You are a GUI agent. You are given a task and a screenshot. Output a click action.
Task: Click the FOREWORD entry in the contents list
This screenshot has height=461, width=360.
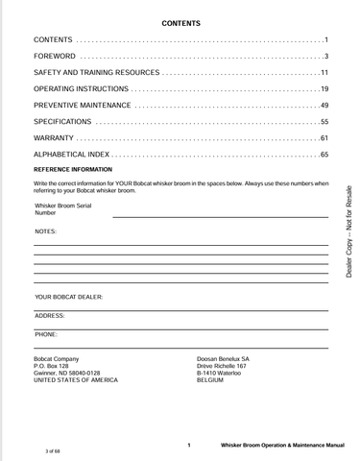[55, 57]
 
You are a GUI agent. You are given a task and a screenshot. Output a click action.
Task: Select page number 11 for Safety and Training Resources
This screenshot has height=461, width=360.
[324, 73]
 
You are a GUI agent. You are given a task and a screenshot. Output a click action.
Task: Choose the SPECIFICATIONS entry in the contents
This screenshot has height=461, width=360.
[62, 122]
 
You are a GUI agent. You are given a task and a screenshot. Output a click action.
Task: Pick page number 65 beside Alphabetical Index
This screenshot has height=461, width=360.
[324, 155]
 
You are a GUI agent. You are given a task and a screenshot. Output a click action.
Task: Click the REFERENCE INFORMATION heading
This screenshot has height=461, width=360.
[73, 169]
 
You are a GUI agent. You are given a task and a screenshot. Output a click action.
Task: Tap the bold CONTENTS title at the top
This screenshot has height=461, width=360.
[180, 22]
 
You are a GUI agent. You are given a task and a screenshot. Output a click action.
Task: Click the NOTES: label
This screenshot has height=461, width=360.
[45, 232]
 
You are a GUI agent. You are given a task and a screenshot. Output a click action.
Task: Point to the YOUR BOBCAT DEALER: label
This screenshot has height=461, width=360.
[68, 298]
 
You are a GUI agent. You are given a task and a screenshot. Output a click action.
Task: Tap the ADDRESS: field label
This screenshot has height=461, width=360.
[50, 315]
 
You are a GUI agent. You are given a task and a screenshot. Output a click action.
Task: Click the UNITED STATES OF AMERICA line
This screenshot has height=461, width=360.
[76, 380]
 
